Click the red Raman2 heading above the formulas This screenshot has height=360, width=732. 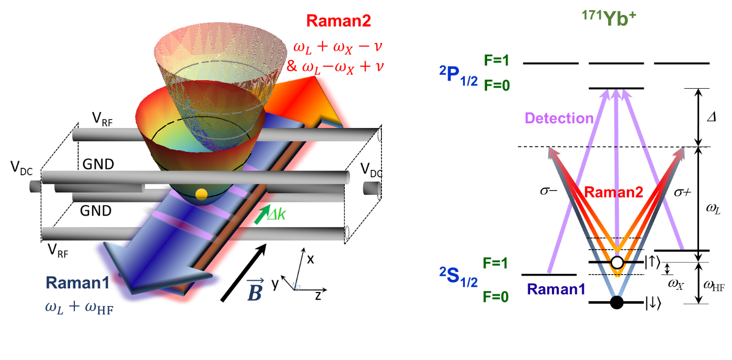(x=338, y=21)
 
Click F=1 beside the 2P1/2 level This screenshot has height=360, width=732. (x=496, y=61)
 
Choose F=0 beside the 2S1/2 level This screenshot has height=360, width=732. (x=496, y=296)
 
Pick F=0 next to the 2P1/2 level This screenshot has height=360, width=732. (x=496, y=85)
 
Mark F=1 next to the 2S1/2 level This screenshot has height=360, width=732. (x=496, y=262)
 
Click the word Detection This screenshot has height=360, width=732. (x=558, y=118)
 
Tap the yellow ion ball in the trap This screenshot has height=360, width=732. (x=201, y=194)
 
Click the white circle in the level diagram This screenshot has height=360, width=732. (x=617, y=262)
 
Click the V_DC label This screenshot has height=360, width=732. (x=371, y=170)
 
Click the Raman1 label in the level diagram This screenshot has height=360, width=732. (x=555, y=290)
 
